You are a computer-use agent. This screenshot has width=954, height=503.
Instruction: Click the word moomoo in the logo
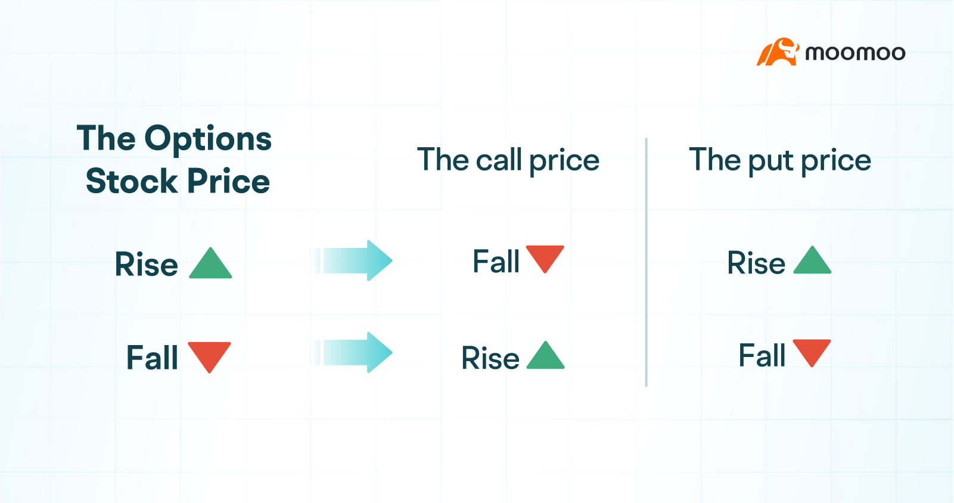pos(855,53)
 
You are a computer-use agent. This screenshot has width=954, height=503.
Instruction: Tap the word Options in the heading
pos(208,139)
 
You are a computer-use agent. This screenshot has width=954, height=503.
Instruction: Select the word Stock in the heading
pos(132,181)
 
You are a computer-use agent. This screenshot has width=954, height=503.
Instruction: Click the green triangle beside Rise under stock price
pos(210,265)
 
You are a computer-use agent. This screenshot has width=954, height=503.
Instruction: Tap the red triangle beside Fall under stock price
pos(209,355)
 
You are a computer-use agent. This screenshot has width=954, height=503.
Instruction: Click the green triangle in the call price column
pos(546,357)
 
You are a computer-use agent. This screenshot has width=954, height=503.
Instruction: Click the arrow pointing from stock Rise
pos(355,260)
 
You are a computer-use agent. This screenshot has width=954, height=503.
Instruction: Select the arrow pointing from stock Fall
pos(355,352)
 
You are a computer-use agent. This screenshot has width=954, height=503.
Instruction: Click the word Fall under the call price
pos(496,262)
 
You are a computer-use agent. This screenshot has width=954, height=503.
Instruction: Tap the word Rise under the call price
pos(490,358)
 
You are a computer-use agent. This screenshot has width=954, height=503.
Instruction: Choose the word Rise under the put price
pos(756,263)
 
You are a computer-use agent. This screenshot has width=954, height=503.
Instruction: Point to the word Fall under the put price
pos(762,356)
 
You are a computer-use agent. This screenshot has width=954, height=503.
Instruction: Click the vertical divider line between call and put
pos(647,262)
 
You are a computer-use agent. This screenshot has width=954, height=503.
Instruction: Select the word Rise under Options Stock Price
pos(147,265)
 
